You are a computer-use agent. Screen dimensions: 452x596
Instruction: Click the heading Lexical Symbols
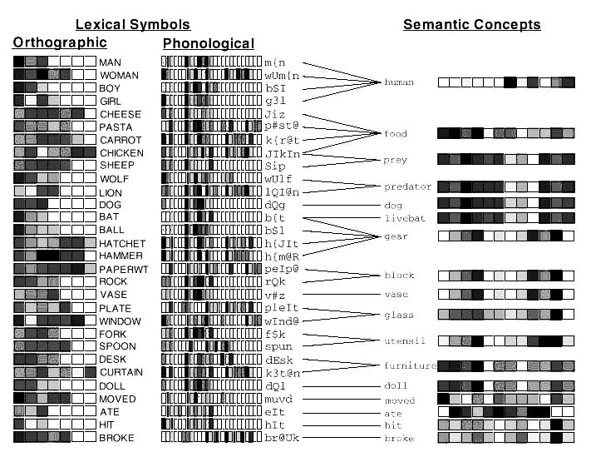133,24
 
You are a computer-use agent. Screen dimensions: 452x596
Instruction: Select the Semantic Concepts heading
471,24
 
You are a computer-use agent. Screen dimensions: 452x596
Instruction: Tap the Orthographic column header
60,42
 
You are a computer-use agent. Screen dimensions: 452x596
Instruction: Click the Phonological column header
209,42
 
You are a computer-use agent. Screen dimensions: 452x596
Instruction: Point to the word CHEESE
121,114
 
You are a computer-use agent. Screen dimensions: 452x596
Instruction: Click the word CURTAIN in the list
122,373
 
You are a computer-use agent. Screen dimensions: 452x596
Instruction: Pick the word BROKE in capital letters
116,438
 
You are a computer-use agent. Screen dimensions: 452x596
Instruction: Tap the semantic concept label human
399,82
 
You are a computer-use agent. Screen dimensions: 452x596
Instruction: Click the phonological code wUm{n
283,75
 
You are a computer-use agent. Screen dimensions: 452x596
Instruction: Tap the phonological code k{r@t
281,140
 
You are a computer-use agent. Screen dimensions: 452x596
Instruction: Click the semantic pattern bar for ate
506,412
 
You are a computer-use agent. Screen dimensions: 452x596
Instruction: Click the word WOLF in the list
114,179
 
